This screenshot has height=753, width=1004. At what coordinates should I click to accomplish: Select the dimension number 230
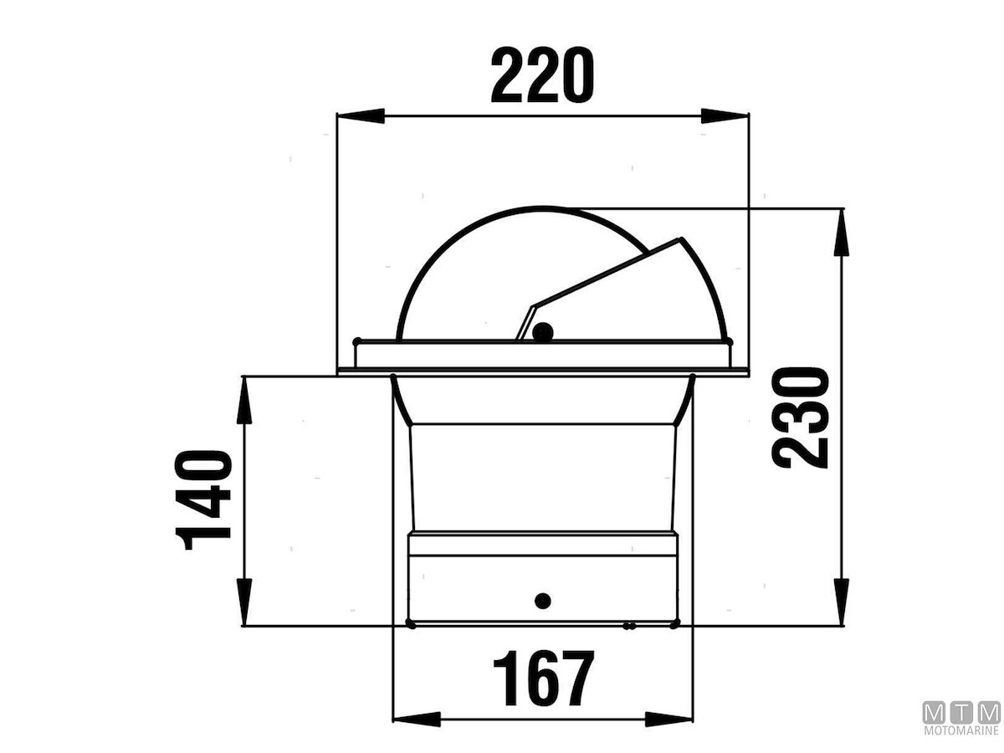click(x=799, y=417)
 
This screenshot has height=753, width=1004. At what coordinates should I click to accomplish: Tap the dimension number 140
click(x=202, y=499)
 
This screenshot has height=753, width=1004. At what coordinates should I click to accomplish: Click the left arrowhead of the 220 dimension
click(x=361, y=115)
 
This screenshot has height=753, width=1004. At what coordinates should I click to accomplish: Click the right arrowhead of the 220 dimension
click(x=725, y=115)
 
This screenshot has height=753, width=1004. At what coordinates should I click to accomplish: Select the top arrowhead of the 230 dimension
click(x=841, y=232)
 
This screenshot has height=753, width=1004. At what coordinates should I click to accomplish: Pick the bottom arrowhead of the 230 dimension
click(x=841, y=602)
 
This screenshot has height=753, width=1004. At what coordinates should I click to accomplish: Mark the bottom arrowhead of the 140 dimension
click(x=244, y=602)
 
